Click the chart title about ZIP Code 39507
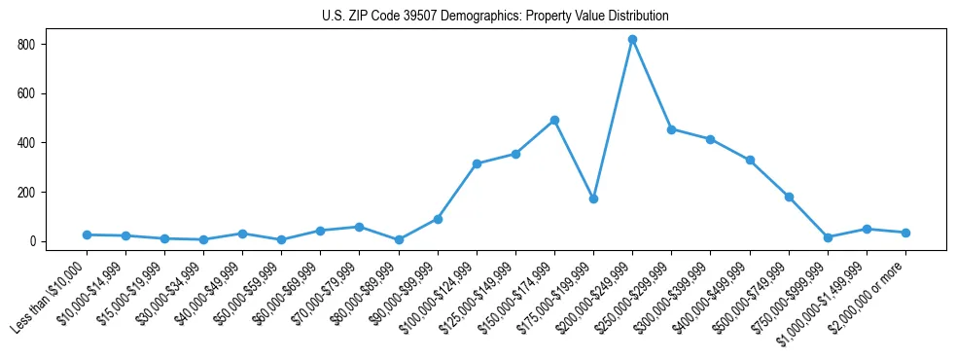click(495, 17)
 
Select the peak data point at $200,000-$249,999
click(632, 40)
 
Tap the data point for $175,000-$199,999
click(593, 198)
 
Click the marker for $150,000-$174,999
click(554, 121)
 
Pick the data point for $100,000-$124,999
click(477, 163)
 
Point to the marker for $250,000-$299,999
click(671, 129)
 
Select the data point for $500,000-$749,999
click(789, 197)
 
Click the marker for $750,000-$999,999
click(828, 237)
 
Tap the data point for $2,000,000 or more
click(905, 233)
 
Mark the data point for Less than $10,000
click(87, 234)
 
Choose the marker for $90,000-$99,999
click(438, 219)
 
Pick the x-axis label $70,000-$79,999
click(328, 293)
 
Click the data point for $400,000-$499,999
click(750, 161)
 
